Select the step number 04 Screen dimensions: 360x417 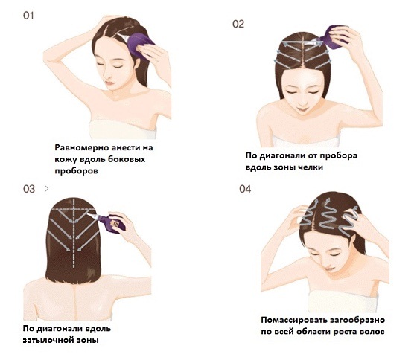245,189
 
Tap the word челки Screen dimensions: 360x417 319,168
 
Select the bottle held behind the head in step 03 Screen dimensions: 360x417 113,220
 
